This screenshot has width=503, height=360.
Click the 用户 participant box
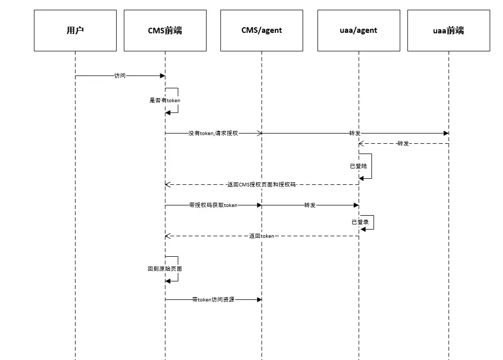coord(75,31)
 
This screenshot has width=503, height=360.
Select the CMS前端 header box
coord(165,31)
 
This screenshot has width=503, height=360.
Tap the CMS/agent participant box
coord(262,31)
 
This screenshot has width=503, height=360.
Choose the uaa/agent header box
coord(359,31)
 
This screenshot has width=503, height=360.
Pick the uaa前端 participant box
coord(448,31)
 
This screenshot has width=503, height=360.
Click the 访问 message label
coord(120,75)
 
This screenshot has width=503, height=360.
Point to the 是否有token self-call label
coord(165,100)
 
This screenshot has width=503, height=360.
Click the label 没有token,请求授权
coord(213,133)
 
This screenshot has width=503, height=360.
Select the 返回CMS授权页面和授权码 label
coord(262,184)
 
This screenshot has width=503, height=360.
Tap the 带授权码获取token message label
coord(213,205)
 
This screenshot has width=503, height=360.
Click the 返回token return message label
coord(262,236)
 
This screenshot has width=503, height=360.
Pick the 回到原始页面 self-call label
coord(165,269)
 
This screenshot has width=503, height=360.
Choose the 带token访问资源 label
coord(213,299)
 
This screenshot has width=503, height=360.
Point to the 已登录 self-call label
coord(360,222)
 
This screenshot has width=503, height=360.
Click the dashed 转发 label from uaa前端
coord(403,143)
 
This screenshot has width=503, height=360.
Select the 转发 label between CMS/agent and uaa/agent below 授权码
coord(310,205)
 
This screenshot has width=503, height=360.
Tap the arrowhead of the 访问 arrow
coord(162,75)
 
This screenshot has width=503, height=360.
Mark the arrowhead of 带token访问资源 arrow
coord(259,299)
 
